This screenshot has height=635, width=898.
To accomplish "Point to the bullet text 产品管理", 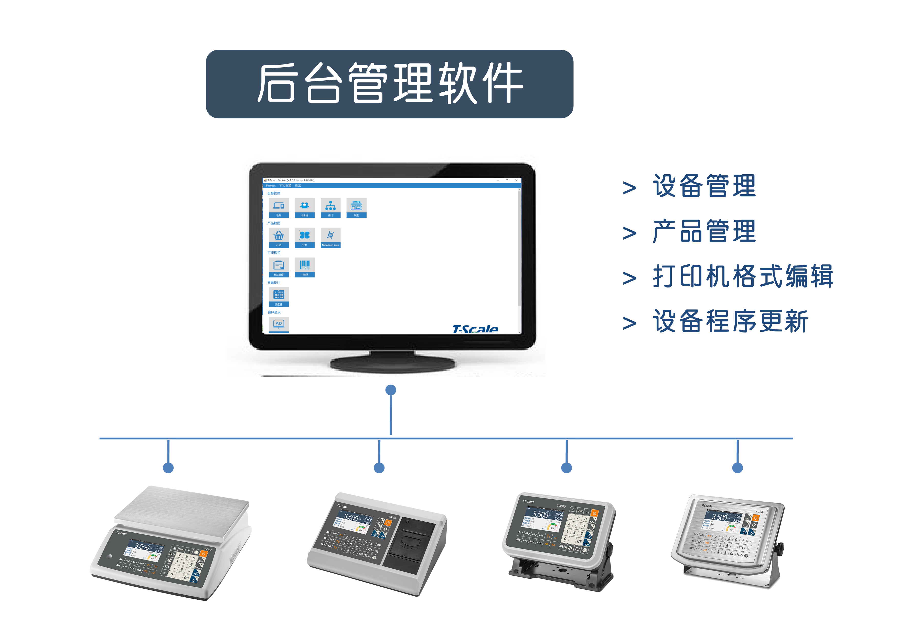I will (x=704, y=231).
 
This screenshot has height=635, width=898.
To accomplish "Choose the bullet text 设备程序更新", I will (x=730, y=321).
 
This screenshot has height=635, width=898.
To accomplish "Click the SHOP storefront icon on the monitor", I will (x=356, y=206).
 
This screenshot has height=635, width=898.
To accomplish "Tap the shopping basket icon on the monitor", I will (x=279, y=236).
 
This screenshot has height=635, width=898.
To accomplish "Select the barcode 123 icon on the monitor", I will (x=305, y=266).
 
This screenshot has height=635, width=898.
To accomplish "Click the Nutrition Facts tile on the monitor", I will (x=330, y=237).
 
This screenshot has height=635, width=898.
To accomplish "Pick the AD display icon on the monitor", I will (x=279, y=324).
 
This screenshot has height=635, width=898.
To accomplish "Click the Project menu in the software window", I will (x=271, y=186).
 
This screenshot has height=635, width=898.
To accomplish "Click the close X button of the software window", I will (x=516, y=180).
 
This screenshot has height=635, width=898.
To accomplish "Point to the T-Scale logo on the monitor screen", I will (x=475, y=329).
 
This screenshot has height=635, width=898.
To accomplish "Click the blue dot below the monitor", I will (x=391, y=390).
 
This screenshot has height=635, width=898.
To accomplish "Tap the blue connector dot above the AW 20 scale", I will (x=168, y=468).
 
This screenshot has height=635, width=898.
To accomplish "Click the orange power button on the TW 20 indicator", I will (x=594, y=513).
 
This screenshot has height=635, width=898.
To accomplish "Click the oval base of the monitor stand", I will (x=392, y=364).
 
